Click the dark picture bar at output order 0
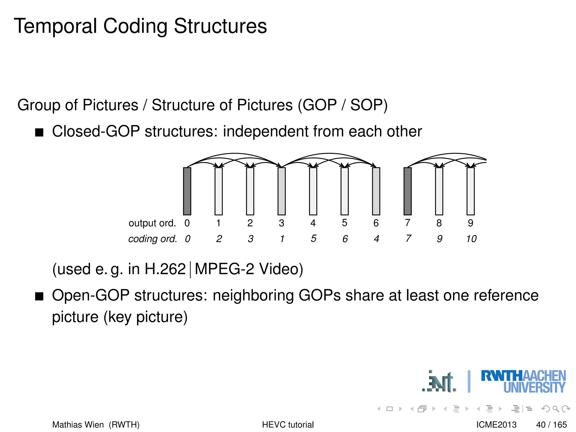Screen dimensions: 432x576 pos(187,191)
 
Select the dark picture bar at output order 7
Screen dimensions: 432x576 pos(408,191)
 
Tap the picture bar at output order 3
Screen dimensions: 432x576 pos(282,191)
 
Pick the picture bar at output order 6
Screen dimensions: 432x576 pos(376,191)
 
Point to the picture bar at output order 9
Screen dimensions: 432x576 pos(471,191)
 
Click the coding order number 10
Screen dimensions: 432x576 pos(471,239)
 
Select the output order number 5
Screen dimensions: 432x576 pos(345,223)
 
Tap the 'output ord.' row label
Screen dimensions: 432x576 pos(152,223)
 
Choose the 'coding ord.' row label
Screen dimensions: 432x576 pos(152,239)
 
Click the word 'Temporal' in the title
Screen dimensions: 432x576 pos(55,26)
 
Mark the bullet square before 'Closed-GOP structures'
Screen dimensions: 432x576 pos(39,132)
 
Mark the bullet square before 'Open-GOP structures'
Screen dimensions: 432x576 pos(39,296)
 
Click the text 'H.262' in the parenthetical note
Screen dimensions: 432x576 pos(165,269)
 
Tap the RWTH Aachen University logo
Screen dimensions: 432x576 pos(523,381)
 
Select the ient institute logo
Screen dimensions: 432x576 pos(439,382)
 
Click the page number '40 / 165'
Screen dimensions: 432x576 pos(551,424)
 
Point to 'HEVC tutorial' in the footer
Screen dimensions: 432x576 pos(288,424)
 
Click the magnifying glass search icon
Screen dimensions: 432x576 pos(555,409)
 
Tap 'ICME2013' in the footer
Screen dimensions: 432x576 pos(496,424)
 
